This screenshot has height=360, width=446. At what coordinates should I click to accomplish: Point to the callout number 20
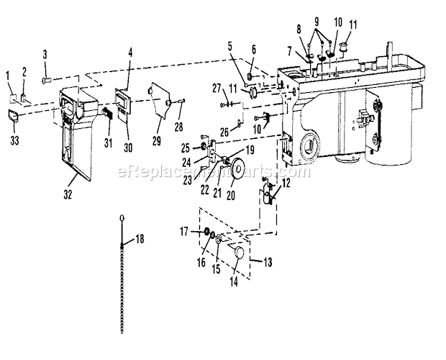[130, 52]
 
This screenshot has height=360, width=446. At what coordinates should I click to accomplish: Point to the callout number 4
[130, 52]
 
